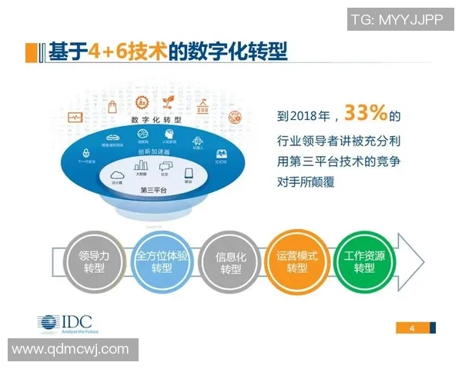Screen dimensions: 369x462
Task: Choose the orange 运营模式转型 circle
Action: pos(296,262)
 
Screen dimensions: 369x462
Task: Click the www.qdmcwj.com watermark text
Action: pos(70,350)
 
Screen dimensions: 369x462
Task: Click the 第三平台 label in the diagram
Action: pos(156,190)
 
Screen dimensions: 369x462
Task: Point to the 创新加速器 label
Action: pos(156,152)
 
